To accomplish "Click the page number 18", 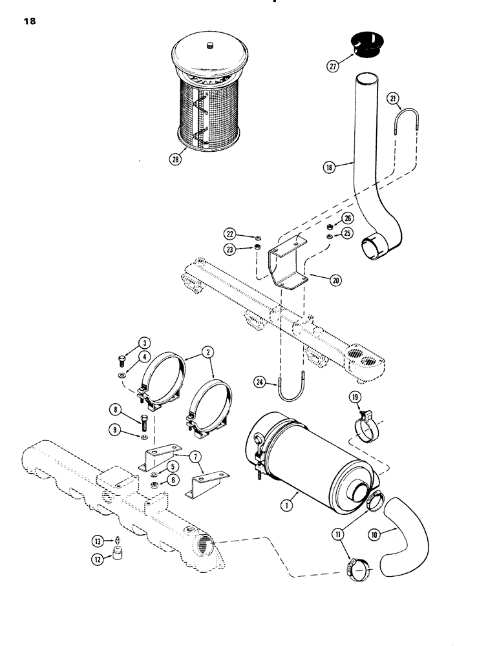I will click(x=28, y=21).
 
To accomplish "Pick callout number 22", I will click(x=230, y=233).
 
